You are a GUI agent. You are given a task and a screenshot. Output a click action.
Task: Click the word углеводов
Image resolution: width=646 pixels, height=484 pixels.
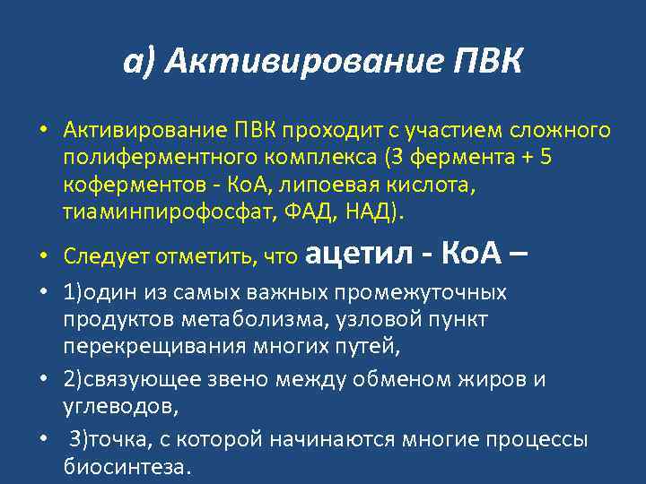tap(119, 407)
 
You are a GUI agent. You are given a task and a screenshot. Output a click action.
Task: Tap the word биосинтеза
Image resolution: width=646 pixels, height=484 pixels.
tap(127, 467)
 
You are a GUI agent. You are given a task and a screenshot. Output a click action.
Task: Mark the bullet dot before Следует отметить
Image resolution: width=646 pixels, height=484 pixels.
tap(42, 258)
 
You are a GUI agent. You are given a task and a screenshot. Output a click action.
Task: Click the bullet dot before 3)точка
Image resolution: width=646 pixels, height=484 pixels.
tap(42, 441)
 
